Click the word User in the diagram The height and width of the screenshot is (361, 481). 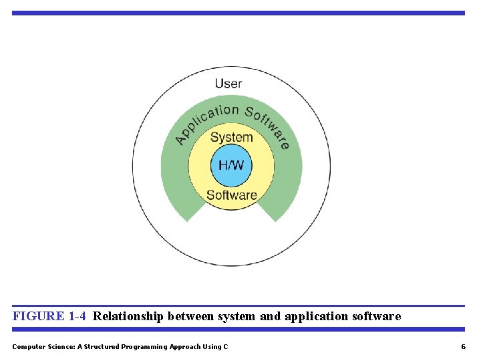[228, 84]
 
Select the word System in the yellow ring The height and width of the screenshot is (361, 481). [231, 138]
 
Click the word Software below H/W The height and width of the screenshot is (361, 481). [231, 195]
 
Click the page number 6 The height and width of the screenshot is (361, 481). [463, 346]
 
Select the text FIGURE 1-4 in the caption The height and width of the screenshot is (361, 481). [49, 316]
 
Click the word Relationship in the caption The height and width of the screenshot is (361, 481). [128, 316]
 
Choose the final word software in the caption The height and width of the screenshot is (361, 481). [376, 316]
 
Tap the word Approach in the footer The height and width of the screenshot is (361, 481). [186, 346]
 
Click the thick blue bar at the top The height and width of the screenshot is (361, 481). [238, 13]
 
